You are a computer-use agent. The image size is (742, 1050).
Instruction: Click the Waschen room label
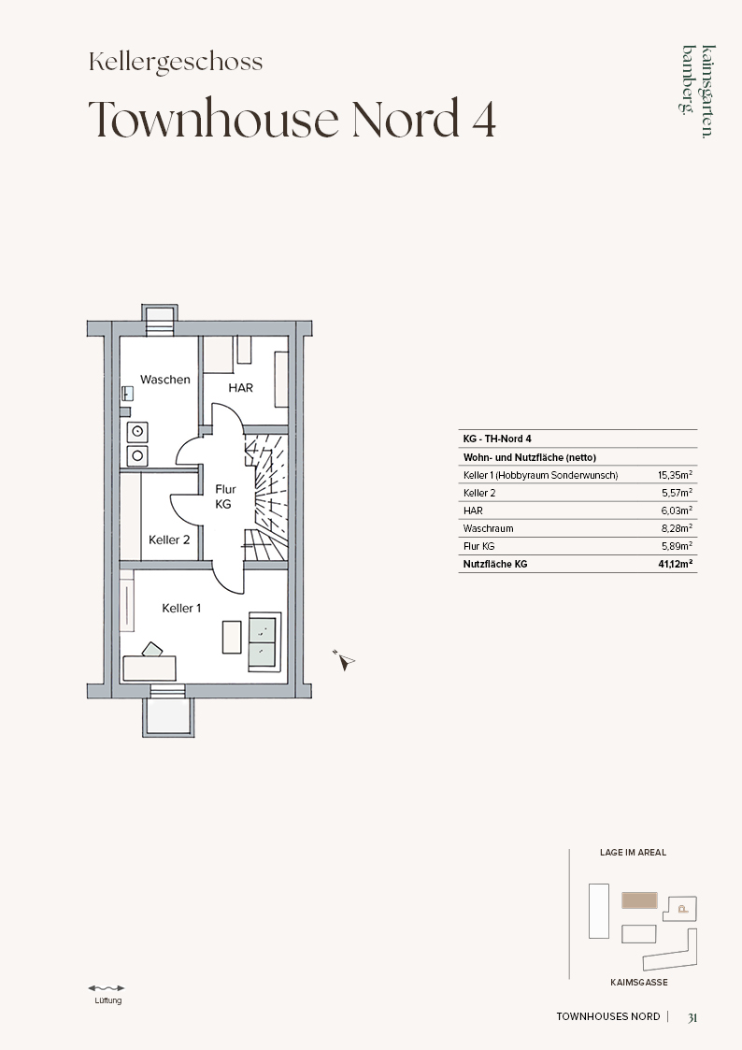164,380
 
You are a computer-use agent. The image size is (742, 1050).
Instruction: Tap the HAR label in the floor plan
241,388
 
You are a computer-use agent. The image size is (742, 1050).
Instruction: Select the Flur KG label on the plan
225,496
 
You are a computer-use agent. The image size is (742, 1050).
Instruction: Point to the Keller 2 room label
169,539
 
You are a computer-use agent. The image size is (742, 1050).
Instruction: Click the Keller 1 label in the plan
181,608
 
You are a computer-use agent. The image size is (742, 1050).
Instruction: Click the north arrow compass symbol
345,661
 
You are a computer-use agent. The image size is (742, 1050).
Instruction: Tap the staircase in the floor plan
266,496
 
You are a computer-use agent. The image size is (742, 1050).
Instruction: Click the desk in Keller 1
150,669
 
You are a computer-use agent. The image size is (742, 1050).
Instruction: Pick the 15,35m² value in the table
675,475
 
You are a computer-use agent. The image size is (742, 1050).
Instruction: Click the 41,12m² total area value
675,564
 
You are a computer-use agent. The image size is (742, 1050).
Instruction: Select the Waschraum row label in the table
489,528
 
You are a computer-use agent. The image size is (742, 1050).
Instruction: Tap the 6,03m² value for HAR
678,511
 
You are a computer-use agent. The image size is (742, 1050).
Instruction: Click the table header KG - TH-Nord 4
497,439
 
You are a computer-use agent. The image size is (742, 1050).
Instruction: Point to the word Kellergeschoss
176,62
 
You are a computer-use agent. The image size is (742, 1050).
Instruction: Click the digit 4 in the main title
482,119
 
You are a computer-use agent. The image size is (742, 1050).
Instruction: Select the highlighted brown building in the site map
639,900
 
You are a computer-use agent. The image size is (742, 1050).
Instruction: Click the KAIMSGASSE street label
639,983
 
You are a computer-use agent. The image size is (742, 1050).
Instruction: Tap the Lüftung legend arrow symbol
107,987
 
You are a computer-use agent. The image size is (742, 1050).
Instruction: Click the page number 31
692,1017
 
